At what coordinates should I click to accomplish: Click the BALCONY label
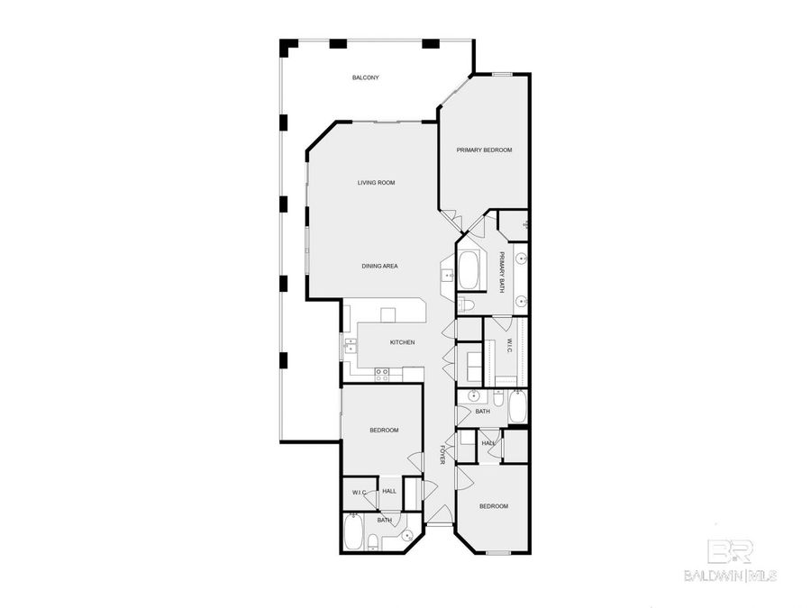coord(365,78)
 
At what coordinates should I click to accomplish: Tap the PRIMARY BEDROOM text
coord(484,150)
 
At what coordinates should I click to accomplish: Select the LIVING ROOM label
coord(376,183)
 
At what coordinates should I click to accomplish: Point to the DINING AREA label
coord(379,266)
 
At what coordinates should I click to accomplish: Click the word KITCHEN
coord(402,342)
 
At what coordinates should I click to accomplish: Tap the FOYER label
coord(442,455)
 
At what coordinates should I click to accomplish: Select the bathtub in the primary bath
coord(470,268)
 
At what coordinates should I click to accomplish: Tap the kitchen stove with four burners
coord(382,372)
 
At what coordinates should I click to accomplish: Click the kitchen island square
coord(388,314)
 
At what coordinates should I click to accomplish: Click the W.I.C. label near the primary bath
coord(507,346)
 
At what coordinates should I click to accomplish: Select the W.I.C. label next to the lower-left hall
coord(358,492)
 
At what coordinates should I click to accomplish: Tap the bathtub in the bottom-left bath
coord(352,531)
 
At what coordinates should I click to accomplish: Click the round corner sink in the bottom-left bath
coord(408,537)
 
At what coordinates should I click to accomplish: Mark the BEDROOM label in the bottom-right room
coord(493,506)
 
